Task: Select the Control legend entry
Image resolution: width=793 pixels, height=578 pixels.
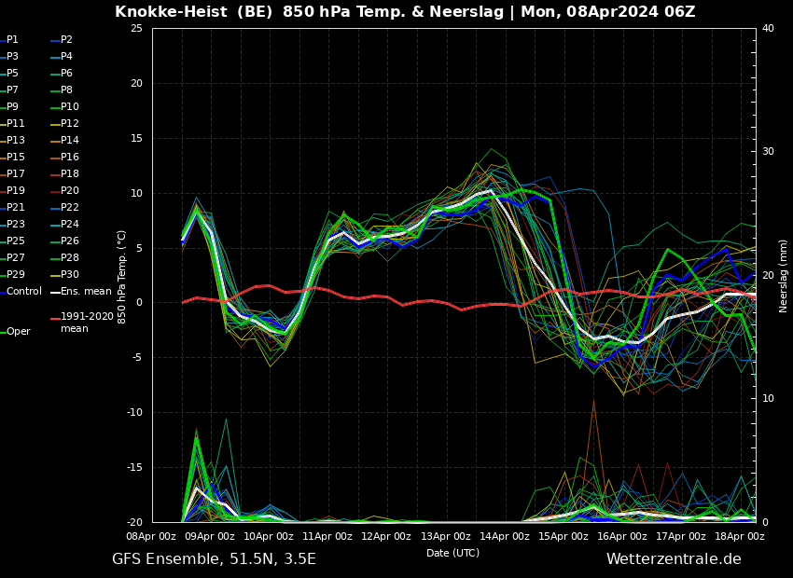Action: click(x=21, y=292)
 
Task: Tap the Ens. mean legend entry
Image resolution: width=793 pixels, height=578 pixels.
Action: click(x=81, y=292)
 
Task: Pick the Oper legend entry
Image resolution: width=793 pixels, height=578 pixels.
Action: click(x=15, y=332)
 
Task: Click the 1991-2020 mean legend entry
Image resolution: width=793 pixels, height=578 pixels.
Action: click(x=82, y=323)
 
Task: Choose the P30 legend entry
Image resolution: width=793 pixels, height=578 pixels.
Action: click(x=64, y=274)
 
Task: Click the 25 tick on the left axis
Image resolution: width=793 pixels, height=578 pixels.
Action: click(x=136, y=28)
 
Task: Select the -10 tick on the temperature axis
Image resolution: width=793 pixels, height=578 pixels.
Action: click(x=134, y=412)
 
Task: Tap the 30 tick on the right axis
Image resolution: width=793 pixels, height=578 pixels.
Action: click(x=768, y=152)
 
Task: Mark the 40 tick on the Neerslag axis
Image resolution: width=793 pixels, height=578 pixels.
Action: click(x=768, y=28)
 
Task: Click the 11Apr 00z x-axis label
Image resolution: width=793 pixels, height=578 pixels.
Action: click(x=327, y=537)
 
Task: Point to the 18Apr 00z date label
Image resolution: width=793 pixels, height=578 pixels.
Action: click(x=740, y=537)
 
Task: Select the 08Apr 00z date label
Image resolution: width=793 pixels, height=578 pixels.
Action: click(x=151, y=537)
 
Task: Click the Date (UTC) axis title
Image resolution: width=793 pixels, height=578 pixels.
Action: click(x=452, y=553)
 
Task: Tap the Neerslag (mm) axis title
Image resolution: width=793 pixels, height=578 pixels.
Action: click(x=784, y=275)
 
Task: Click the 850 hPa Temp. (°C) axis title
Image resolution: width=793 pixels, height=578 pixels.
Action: click(x=122, y=277)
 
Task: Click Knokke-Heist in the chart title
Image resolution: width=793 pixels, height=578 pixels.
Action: click(x=171, y=11)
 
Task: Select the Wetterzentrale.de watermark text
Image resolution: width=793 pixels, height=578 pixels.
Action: click(x=674, y=558)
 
